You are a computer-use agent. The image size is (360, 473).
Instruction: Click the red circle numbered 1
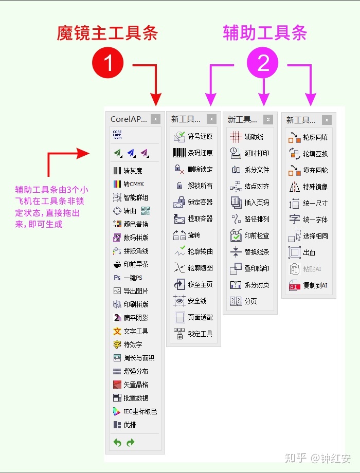(x=109, y=63)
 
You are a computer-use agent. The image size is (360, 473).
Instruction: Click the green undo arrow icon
(x=117, y=442)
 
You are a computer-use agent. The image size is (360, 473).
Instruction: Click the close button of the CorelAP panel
(x=156, y=119)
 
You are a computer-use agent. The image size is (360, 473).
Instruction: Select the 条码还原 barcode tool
(x=193, y=153)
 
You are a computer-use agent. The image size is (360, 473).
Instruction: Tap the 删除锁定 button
(x=193, y=169)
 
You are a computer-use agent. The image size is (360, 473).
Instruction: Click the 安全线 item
(x=191, y=301)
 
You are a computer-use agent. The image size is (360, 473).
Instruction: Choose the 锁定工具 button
(x=193, y=334)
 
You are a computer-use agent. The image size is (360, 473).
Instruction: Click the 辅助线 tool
(x=247, y=137)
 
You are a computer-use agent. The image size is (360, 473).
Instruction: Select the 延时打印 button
(x=250, y=153)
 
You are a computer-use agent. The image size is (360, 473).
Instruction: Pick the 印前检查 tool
(x=250, y=235)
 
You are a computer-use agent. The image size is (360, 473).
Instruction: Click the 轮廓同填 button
(x=309, y=137)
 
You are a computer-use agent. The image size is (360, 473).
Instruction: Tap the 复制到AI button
(x=309, y=285)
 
